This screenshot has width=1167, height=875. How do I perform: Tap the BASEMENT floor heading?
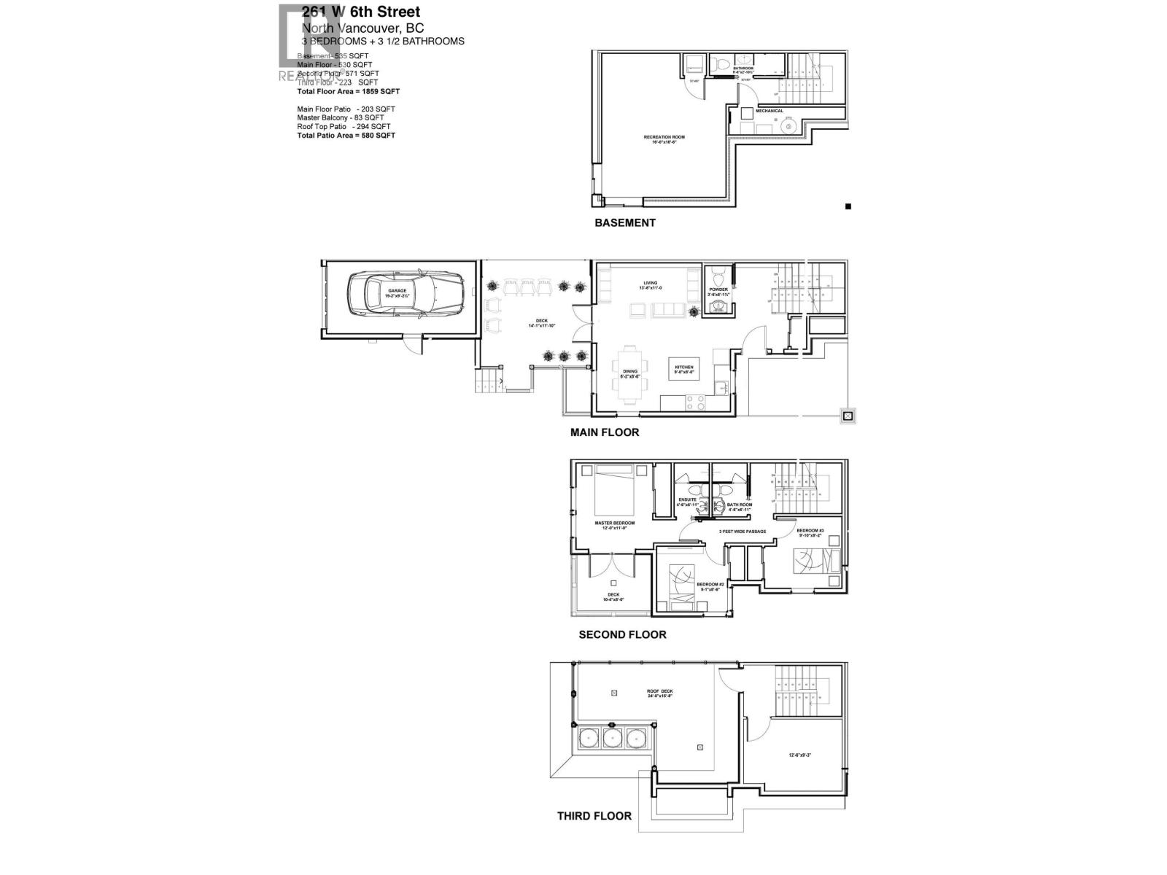[624, 223]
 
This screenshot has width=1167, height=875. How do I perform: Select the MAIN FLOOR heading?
[604, 432]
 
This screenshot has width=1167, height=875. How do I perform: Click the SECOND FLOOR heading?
[622, 635]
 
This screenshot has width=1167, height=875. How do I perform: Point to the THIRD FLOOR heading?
[594, 816]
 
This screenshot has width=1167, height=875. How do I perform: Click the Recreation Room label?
[664, 138]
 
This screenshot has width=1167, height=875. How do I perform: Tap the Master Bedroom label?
[614, 524]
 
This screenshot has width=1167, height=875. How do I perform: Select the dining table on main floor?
[629, 374]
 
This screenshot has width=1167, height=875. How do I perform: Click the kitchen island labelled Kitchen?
[683, 368]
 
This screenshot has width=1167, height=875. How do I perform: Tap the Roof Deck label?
[659, 692]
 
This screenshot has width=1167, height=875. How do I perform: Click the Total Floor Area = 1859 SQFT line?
[348, 92]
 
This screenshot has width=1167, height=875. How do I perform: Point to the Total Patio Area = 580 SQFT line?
[346, 136]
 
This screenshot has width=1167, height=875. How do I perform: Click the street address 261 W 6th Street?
[361, 12]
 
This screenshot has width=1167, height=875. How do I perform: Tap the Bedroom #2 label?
[709, 586]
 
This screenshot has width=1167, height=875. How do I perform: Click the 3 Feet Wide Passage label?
[742, 532]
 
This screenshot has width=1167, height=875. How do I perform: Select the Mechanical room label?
[769, 111]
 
